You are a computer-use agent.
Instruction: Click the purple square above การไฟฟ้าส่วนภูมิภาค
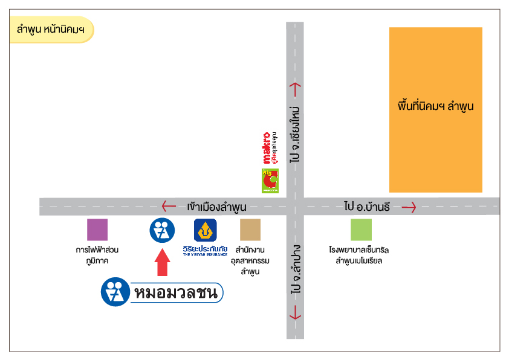pyautogui.click(x=97, y=230)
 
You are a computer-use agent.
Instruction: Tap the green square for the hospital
pyautogui.click(x=361, y=230)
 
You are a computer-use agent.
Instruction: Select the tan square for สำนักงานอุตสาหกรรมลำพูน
pyautogui.click(x=250, y=230)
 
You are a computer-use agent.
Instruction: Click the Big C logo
pyautogui.click(x=269, y=181)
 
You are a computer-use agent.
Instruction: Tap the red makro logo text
pyautogui.click(x=265, y=148)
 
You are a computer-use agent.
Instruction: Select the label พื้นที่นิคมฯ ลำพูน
pyautogui.click(x=435, y=106)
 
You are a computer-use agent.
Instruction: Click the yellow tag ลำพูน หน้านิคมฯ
pyautogui.click(x=51, y=30)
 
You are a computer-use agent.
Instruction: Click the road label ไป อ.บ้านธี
pyautogui.click(x=368, y=207)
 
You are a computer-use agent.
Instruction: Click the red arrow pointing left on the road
pyautogui.click(x=169, y=207)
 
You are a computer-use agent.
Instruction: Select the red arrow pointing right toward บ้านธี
pyautogui.click(x=409, y=207)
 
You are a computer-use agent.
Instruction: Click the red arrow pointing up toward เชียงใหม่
pyautogui.click(x=295, y=89)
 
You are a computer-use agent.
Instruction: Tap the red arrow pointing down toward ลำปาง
pyautogui.click(x=295, y=313)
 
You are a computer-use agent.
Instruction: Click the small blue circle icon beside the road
pyautogui.click(x=161, y=230)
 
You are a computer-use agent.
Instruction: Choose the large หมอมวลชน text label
pyautogui.click(x=177, y=293)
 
